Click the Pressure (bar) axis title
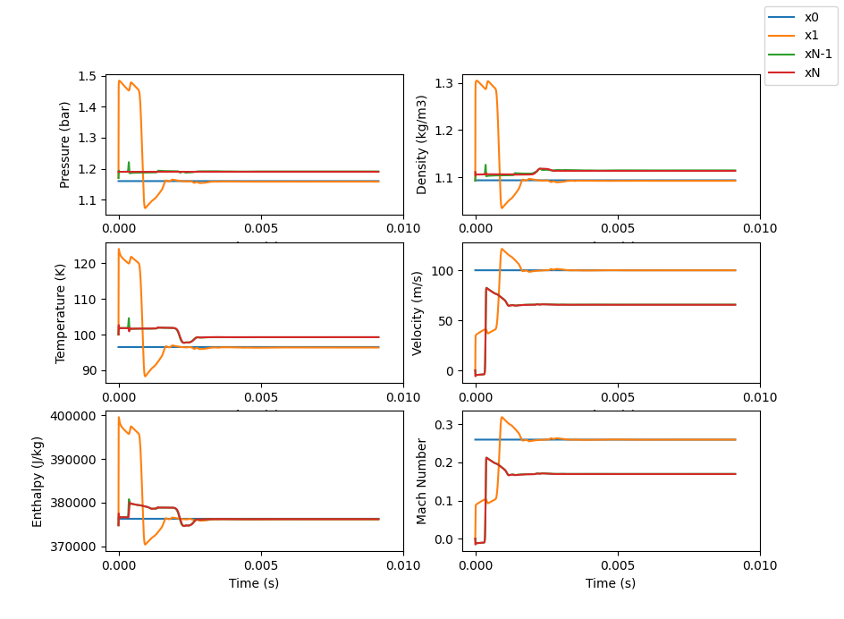64,145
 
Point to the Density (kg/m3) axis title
421,145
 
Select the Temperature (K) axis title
61,313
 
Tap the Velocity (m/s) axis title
418,313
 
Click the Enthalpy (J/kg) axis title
38,481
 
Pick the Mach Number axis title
421,481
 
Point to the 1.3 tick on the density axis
443,83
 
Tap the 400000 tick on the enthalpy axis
76,416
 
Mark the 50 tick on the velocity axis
447,320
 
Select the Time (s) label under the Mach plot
611,583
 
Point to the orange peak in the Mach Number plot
502,418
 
